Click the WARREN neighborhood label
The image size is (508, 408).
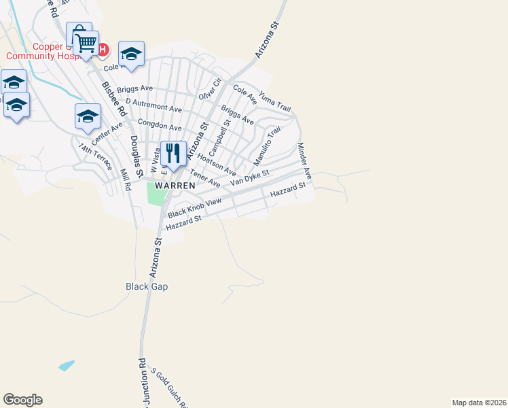[x=175, y=185]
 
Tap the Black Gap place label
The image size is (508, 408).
[x=147, y=286]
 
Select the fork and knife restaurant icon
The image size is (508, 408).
[x=173, y=154]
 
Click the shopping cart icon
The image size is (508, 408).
[x=86, y=44]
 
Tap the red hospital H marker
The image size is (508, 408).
[x=103, y=49]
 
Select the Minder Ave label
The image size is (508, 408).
[x=304, y=161]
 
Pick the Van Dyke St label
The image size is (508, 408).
[x=250, y=178]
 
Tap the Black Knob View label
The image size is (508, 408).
[x=195, y=208]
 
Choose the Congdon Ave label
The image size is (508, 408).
[x=160, y=126]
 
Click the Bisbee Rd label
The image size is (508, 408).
[x=113, y=99]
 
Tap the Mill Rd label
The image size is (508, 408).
[x=125, y=181]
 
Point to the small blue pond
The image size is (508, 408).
[x=65, y=366]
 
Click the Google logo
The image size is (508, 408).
[x=22, y=400]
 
